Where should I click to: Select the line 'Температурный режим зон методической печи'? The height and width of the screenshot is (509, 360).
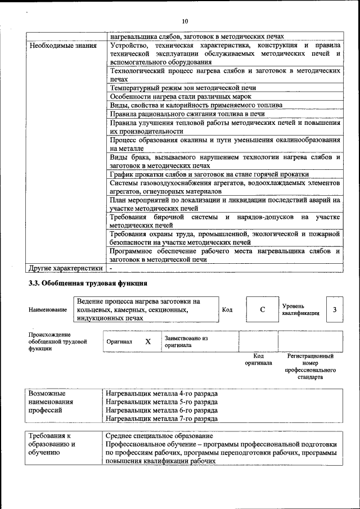(183, 88)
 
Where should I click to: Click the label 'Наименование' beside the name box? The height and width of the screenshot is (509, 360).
(48, 310)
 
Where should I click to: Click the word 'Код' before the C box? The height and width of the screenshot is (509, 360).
(227, 310)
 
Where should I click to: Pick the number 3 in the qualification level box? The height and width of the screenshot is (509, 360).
(335, 310)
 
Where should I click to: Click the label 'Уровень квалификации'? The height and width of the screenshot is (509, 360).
(300, 310)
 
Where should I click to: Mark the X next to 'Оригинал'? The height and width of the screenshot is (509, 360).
(148, 341)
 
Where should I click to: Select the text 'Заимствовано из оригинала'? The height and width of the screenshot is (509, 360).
(186, 341)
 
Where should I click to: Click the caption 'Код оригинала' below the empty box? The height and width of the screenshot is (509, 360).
(258, 359)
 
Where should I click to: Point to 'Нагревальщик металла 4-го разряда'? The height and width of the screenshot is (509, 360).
(161, 394)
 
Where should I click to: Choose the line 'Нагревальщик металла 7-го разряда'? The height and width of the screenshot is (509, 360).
(161, 419)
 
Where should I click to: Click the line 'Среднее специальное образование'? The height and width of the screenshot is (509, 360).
(159, 436)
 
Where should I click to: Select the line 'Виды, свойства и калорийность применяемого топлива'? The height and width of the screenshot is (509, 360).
(196, 105)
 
